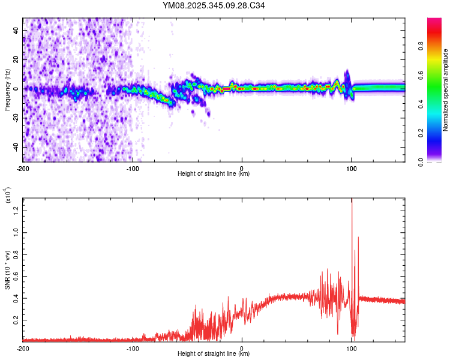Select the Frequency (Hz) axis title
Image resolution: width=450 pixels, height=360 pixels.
[x=7, y=89]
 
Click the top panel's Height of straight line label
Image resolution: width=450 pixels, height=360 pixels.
[x=214, y=173]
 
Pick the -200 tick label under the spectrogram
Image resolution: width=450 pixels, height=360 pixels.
[x=23, y=169]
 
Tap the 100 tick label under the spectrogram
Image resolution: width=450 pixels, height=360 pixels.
[x=352, y=169]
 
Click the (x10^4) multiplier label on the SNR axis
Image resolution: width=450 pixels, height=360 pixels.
[x=7, y=195]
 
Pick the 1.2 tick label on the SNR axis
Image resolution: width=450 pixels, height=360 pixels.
[x=16, y=208]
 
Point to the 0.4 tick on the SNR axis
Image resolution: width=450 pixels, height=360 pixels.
[x=16, y=298]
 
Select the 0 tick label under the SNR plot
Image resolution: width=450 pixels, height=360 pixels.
[x=242, y=348]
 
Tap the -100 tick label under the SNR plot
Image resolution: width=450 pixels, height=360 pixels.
[x=132, y=348]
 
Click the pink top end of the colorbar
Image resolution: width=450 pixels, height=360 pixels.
[x=434, y=22]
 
